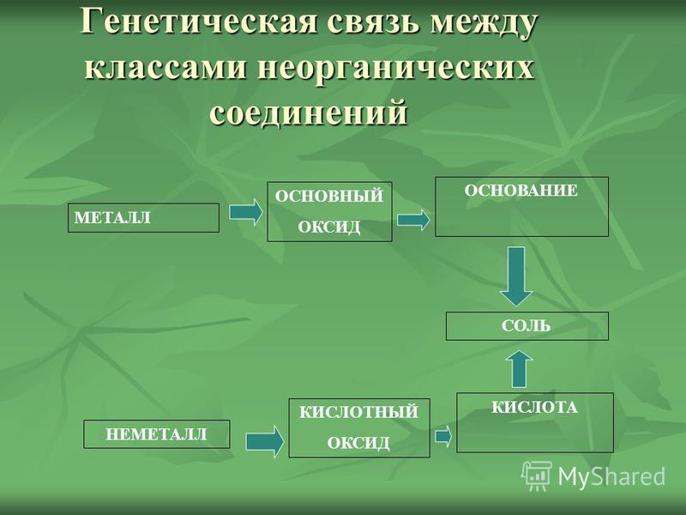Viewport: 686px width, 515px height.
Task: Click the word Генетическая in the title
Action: (x=198, y=23)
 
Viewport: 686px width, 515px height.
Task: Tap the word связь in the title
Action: (x=373, y=23)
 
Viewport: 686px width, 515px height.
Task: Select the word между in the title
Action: (x=483, y=24)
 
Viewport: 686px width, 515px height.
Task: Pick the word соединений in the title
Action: (x=309, y=112)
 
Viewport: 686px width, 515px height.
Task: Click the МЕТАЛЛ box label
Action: (x=112, y=218)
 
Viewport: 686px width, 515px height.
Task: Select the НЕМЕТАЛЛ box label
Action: (x=156, y=434)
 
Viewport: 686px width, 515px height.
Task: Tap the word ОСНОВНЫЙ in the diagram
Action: (x=329, y=196)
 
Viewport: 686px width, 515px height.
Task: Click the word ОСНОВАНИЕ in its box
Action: (x=521, y=191)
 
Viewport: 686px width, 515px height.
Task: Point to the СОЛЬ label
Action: (x=526, y=326)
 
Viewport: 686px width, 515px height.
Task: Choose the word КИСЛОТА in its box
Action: (x=534, y=407)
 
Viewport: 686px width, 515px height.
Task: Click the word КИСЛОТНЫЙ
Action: (x=358, y=412)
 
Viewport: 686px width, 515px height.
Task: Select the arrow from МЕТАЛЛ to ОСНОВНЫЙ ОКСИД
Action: (x=246, y=212)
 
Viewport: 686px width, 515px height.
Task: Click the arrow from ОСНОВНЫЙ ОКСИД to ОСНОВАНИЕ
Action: (x=413, y=220)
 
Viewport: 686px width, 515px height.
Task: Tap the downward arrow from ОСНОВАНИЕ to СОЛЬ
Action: (x=517, y=276)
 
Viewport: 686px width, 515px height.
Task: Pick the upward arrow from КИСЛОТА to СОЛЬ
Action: (x=519, y=369)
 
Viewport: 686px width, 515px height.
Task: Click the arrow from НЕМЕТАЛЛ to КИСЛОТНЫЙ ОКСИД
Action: (x=265, y=441)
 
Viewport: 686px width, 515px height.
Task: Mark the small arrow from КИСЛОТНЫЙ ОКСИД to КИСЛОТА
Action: (x=443, y=436)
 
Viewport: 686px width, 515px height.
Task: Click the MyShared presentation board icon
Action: (x=537, y=476)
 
